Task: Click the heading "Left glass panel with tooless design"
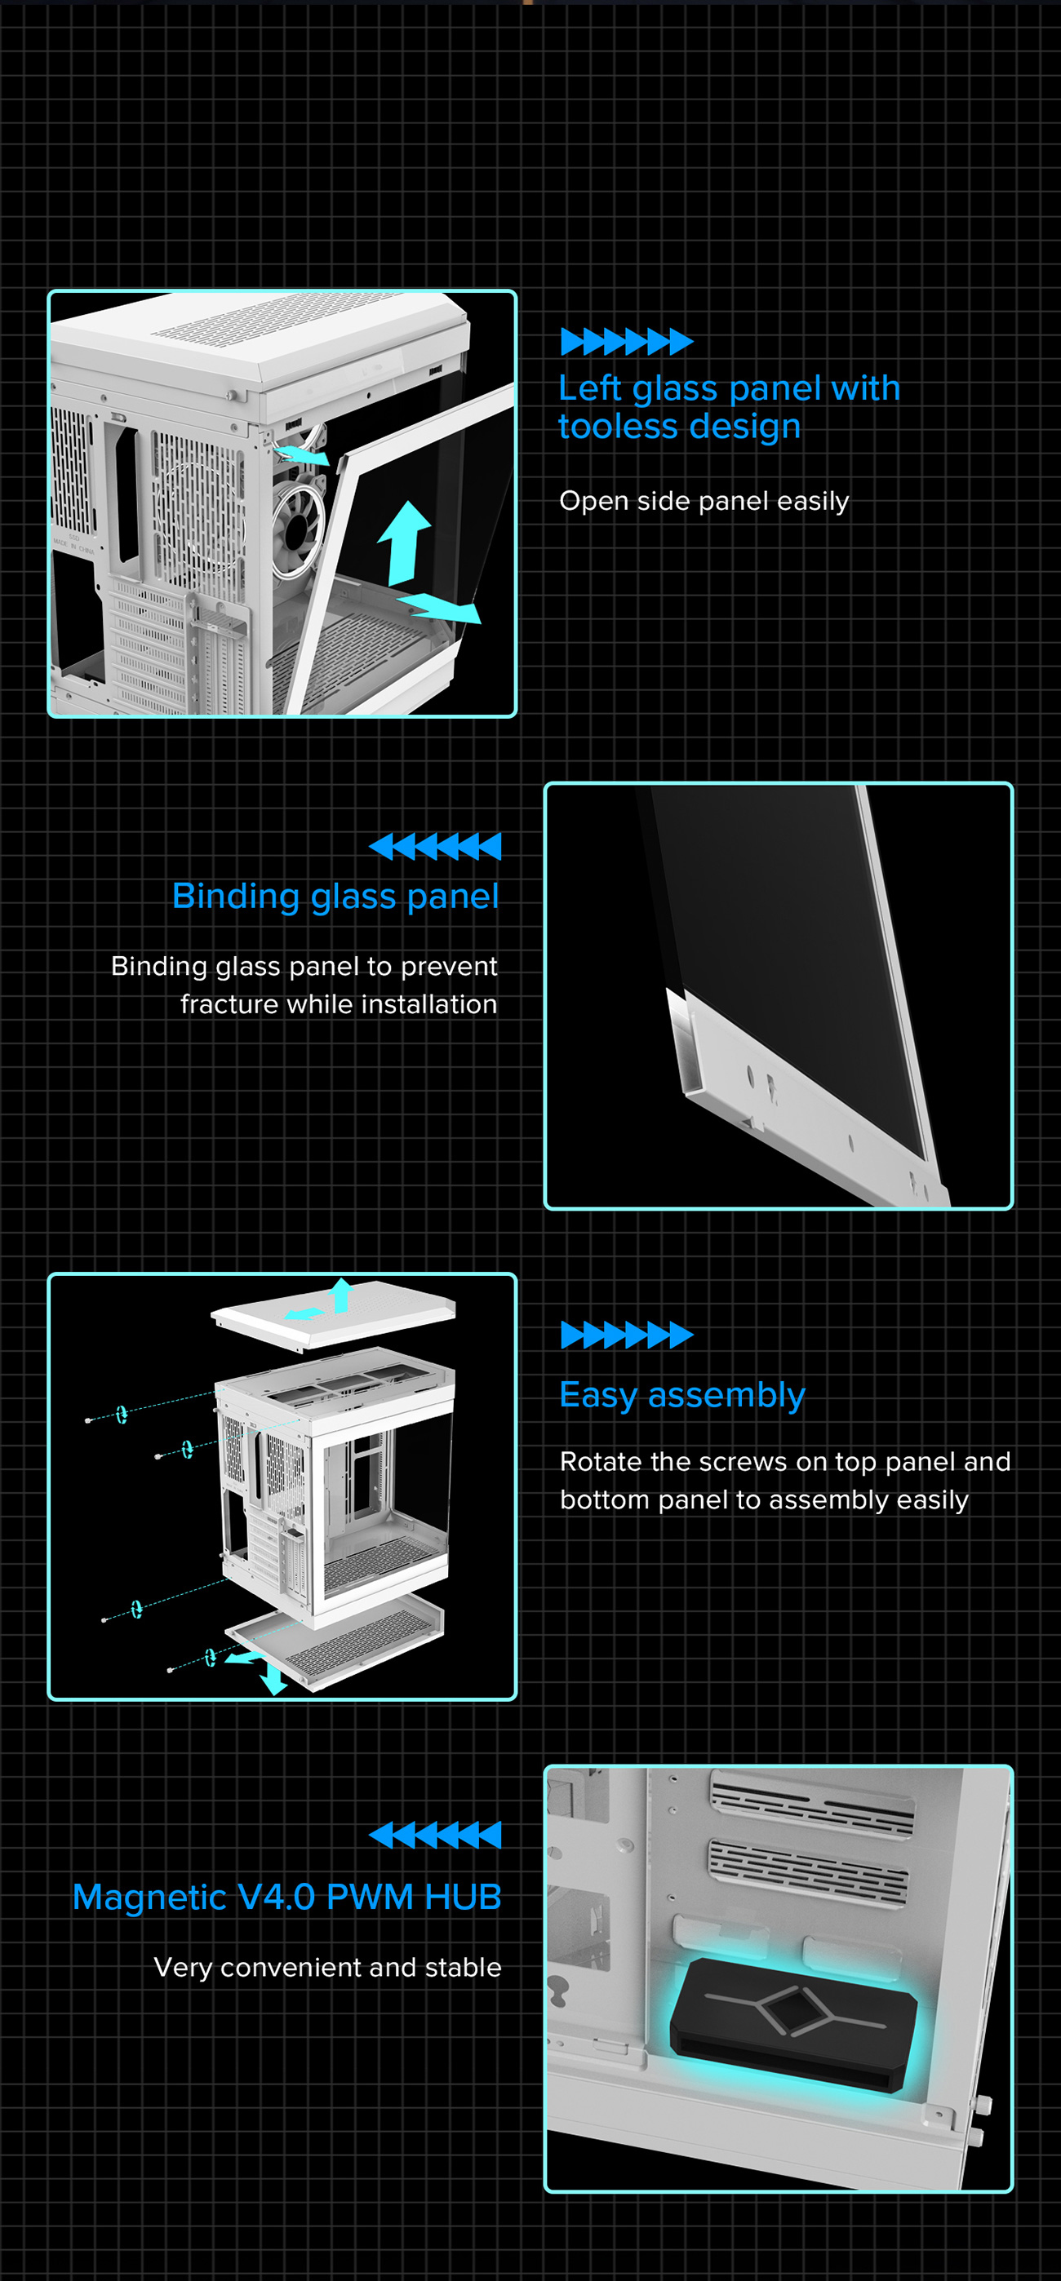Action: tap(728, 407)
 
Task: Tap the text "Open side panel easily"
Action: tap(704, 501)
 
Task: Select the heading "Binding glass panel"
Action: tap(335, 896)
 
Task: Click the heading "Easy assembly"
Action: tap(682, 1395)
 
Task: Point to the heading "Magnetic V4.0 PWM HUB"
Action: tap(287, 1897)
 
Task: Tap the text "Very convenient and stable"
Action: tap(326, 1967)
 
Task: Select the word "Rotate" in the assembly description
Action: tap(602, 1461)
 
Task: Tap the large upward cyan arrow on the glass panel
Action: tap(405, 540)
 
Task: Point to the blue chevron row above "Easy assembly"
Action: tap(626, 1335)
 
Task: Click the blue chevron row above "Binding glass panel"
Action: tap(435, 847)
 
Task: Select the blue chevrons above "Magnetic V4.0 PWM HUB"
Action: tap(435, 1835)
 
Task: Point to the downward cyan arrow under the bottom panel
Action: tap(273, 1677)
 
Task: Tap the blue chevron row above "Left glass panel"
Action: tap(626, 341)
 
